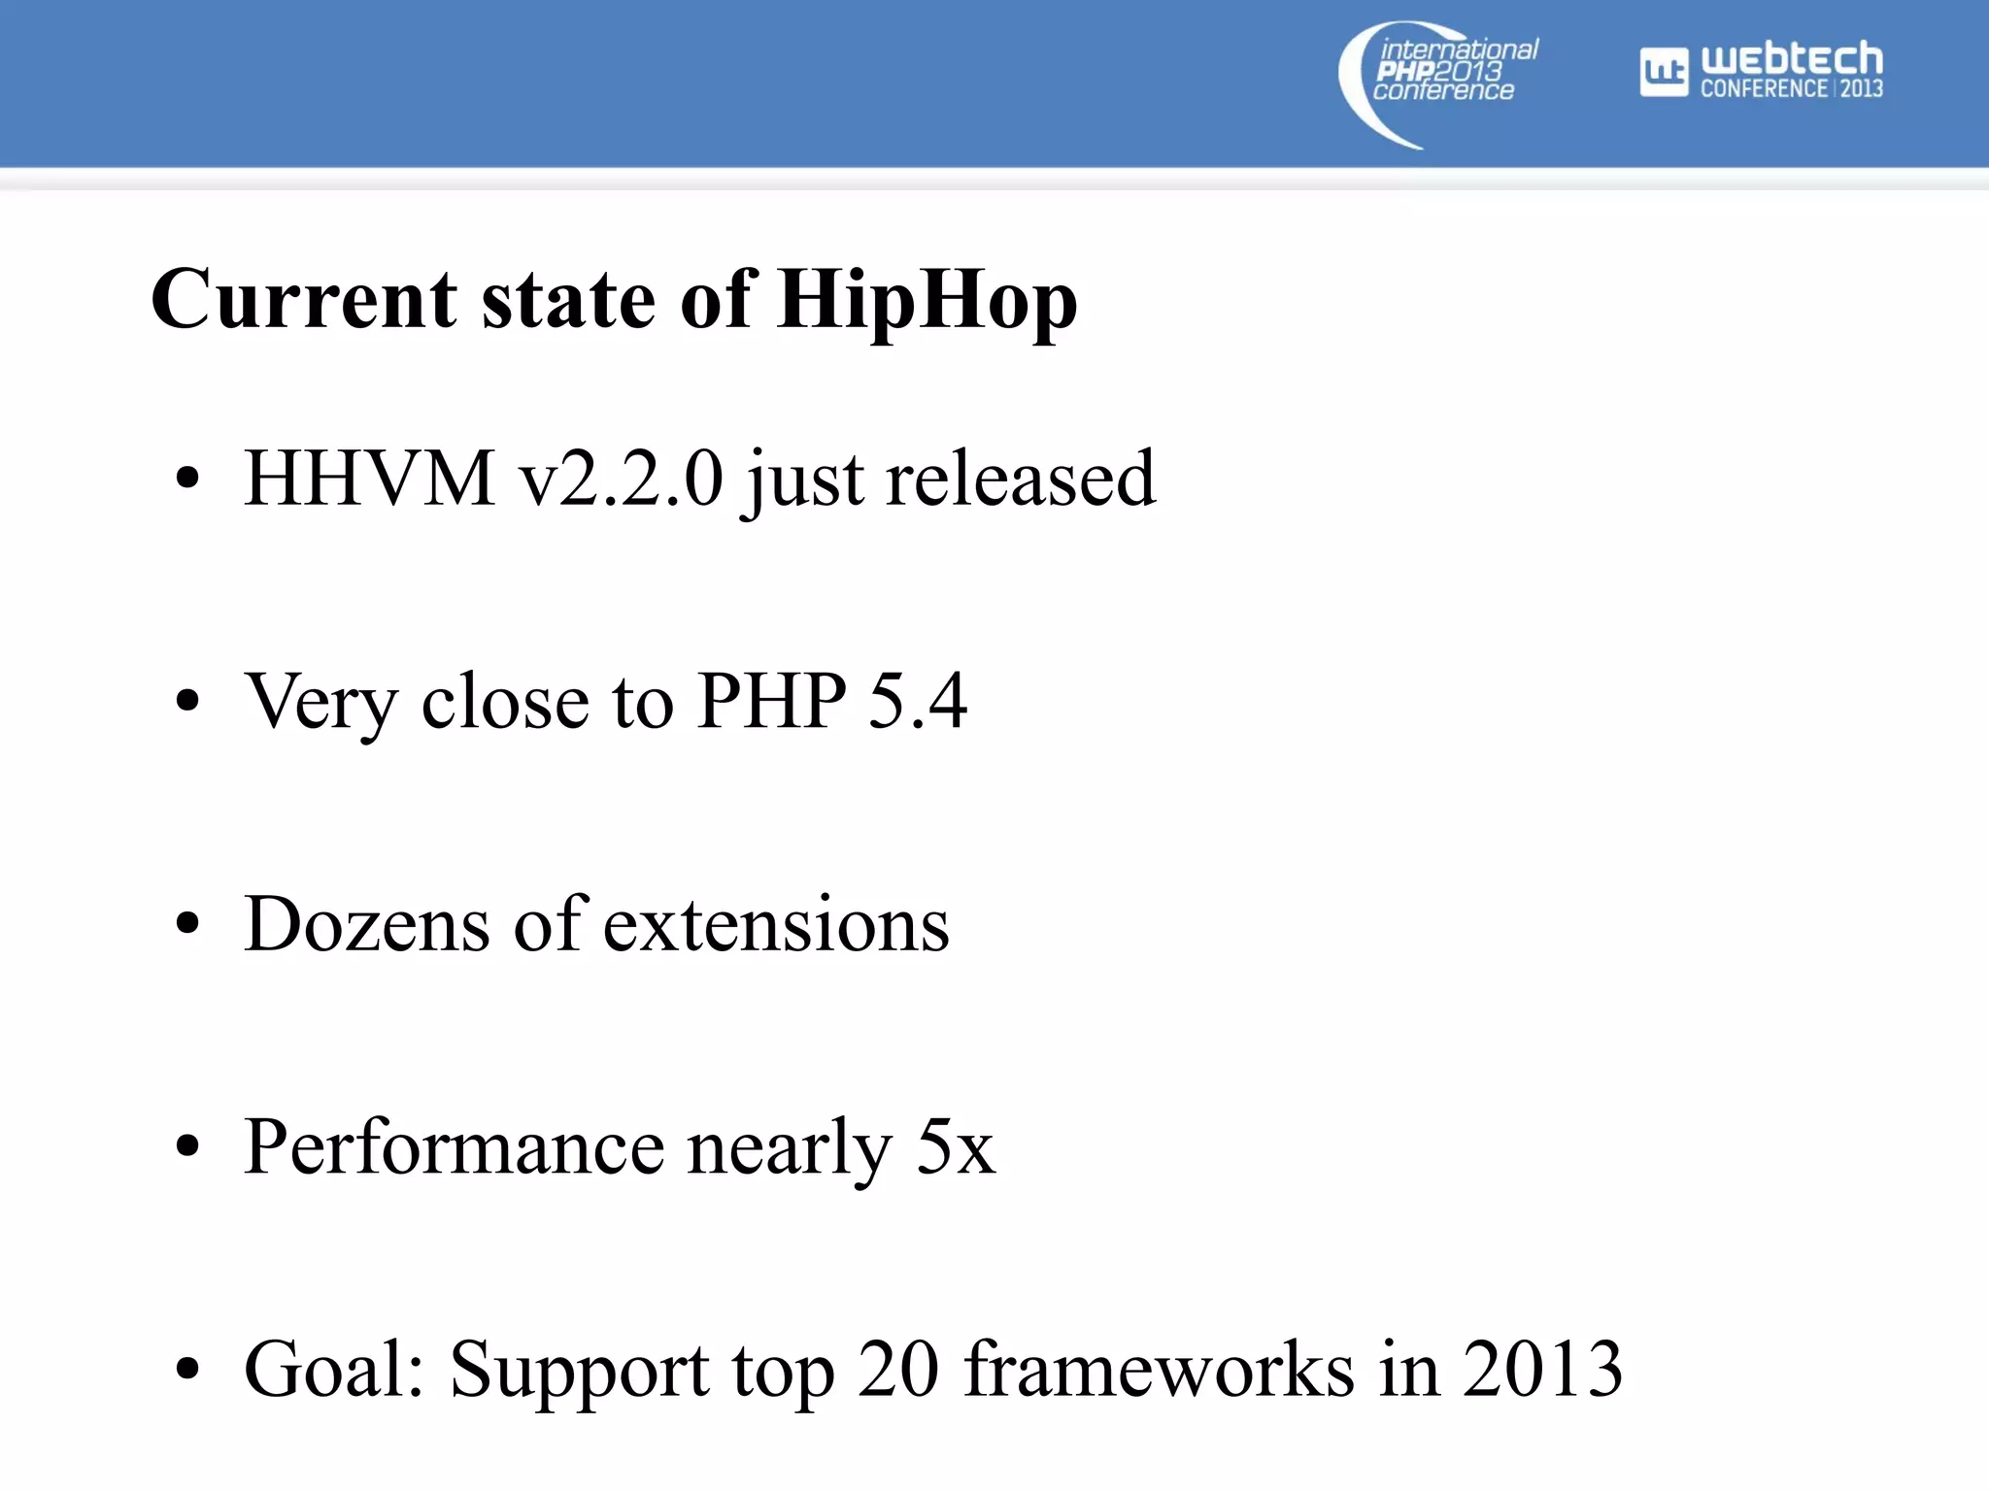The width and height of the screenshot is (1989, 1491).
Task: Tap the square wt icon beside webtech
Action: (1664, 72)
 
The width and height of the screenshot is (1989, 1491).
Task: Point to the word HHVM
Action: (369, 479)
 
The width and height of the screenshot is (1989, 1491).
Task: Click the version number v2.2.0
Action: (622, 479)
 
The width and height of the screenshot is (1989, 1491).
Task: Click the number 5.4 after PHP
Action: (917, 700)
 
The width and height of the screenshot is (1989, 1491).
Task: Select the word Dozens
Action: (367, 923)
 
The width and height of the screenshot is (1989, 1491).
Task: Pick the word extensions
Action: (776, 923)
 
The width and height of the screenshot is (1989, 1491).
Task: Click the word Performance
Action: (454, 1146)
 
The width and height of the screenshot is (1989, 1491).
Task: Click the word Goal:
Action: (334, 1370)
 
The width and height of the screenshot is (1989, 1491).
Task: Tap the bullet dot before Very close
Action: (187, 700)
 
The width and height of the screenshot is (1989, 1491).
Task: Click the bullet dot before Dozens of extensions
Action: (187, 923)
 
